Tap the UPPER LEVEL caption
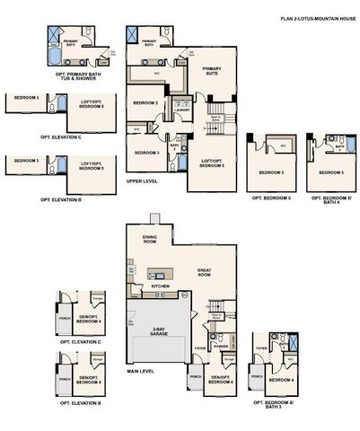(141, 180)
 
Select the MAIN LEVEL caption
(142, 370)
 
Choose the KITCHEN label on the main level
(160, 286)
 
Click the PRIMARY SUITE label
(212, 71)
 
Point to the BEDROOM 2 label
(145, 102)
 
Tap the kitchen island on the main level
(161, 274)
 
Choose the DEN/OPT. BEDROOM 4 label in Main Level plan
(221, 379)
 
